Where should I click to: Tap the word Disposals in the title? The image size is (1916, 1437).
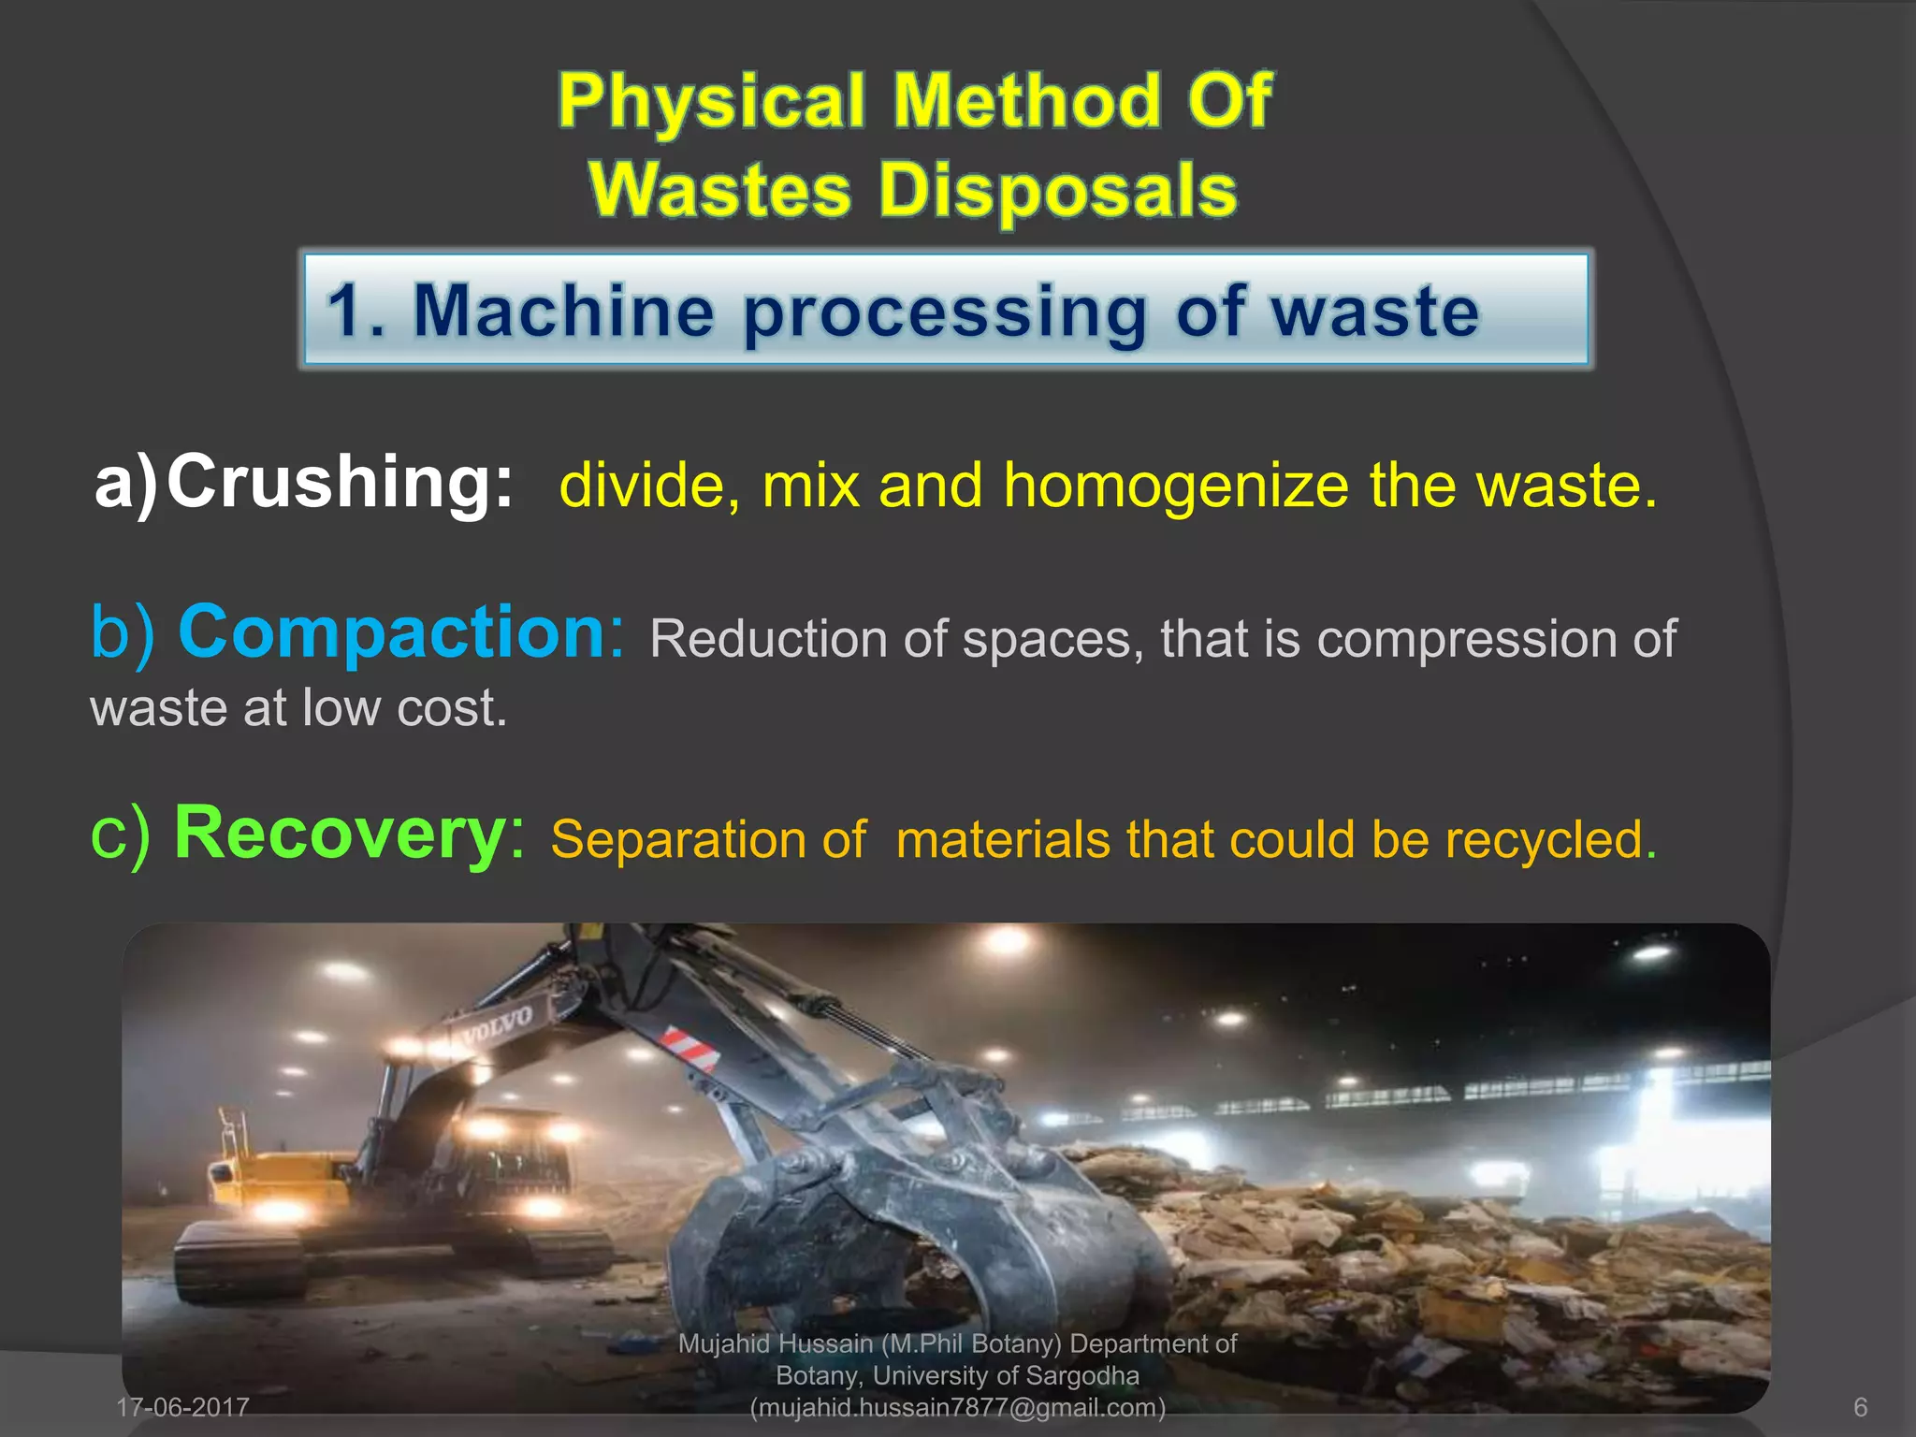[x=1057, y=190]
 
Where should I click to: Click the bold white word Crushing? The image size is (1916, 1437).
[x=340, y=482]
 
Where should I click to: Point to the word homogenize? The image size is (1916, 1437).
[x=1176, y=486]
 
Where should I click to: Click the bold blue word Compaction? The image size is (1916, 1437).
[x=393, y=632]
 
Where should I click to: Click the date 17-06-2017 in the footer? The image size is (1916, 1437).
[x=183, y=1407]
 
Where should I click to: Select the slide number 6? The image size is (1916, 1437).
[x=1860, y=1407]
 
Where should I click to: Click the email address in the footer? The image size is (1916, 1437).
[x=958, y=1407]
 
